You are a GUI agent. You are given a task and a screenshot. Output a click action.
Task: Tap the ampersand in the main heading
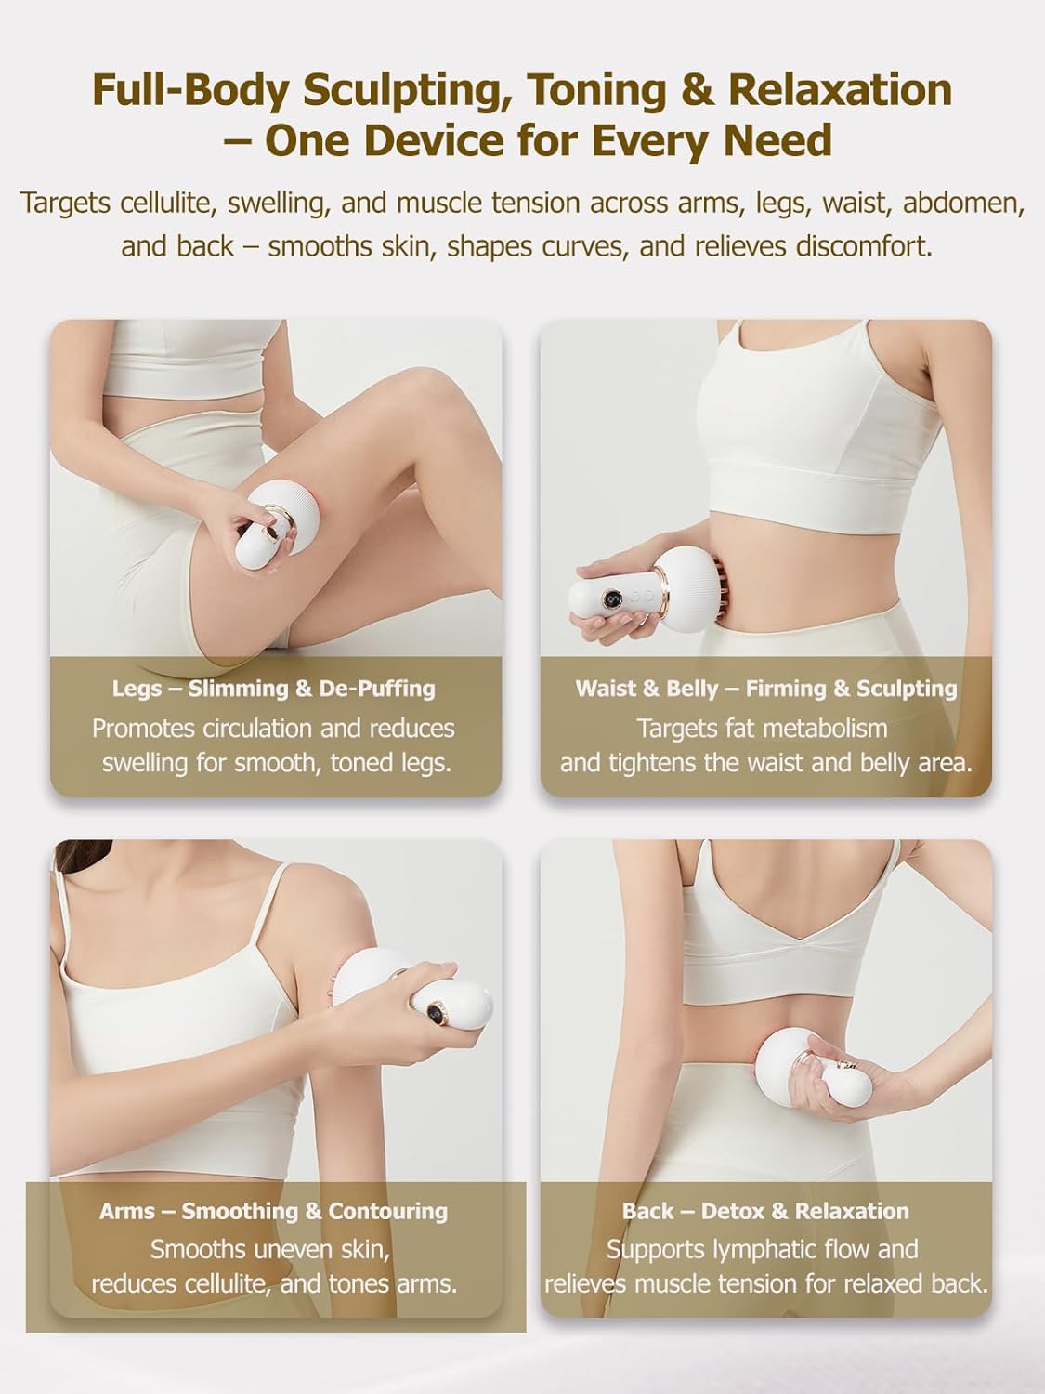(702, 90)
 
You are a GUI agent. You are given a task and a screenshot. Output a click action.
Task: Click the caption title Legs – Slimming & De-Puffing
(274, 689)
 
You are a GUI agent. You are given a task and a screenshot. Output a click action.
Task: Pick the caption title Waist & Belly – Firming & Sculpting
(766, 689)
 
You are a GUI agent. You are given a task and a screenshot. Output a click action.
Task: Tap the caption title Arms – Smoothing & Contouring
(274, 1211)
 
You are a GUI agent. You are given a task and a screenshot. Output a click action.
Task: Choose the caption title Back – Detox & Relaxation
(766, 1211)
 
